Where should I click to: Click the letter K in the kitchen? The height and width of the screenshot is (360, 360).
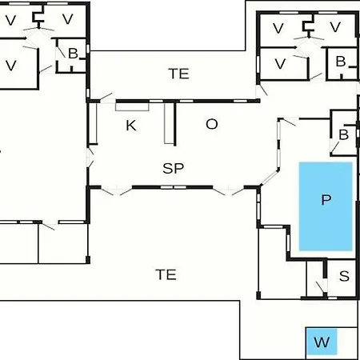[x=131, y=126]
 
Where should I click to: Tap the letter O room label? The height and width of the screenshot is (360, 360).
[x=212, y=124]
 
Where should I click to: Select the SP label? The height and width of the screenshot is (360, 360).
[x=174, y=168]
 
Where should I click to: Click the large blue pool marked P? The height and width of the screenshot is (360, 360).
[x=326, y=206]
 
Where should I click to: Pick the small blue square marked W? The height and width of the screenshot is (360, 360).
[x=322, y=342]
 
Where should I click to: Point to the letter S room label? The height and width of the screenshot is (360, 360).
[x=344, y=276]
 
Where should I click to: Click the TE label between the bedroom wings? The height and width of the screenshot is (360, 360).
[x=179, y=74]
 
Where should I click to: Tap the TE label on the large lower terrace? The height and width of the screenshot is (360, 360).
[x=166, y=274]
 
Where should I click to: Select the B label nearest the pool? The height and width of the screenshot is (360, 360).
[x=344, y=134]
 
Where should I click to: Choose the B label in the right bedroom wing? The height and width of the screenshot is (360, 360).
[x=341, y=62]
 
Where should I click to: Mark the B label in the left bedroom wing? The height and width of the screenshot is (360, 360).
[x=73, y=54]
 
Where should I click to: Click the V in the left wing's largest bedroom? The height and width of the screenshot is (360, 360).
[x=11, y=66]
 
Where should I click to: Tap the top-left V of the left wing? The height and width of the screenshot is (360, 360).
[x=10, y=21]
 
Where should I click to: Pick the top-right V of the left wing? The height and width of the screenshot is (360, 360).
[x=68, y=19]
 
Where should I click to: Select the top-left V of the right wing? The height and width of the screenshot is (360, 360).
[x=278, y=28]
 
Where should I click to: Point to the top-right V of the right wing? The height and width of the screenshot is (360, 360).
[x=335, y=27]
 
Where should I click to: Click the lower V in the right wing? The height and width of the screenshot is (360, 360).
[x=280, y=64]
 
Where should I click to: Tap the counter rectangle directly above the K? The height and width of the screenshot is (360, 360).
[x=132, y=106]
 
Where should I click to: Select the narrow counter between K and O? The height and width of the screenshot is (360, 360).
[x=169, y=123]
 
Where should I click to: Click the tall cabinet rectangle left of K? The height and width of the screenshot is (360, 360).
[x=93, y=123]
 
